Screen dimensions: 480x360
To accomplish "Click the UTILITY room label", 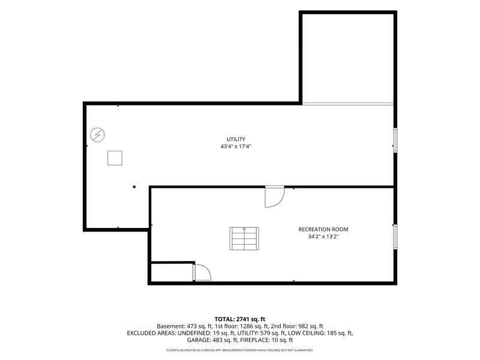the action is tap(236, 139).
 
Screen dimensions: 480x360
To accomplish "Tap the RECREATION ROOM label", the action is tap(323, 229).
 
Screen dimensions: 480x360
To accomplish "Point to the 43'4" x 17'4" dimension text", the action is tap(236, 146).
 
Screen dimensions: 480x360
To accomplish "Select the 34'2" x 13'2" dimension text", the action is tap(323, 236).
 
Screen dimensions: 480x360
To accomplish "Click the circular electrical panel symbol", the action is tap(97, 134).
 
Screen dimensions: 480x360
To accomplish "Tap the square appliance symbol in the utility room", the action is tap(115, 158).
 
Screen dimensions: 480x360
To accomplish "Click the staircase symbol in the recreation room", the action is tap(244, 238).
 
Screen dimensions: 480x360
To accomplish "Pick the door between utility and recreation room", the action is tap(275, 197).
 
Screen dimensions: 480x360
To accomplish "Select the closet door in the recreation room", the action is tap(202, 272).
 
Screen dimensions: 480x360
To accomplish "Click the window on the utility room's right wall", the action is tap(395, 140).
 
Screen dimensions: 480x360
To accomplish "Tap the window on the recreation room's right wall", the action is tap(395, 236).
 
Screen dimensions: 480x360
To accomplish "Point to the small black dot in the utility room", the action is tap(134, 187).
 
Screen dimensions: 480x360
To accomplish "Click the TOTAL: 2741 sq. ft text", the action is tap(239, 319).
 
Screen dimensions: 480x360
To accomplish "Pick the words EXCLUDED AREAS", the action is tap(151, 333).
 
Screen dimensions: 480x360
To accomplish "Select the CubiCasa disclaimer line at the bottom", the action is tap(239, 350).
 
